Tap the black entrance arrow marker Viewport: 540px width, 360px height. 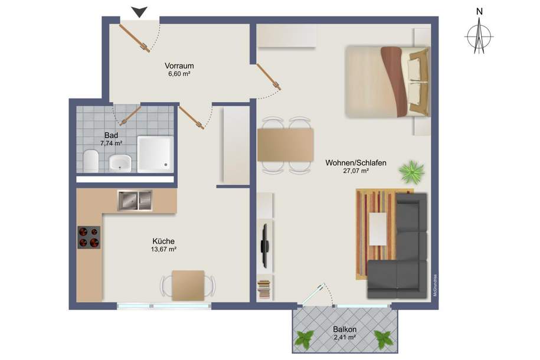pos(139,11)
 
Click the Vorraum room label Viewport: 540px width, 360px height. pos(179,66)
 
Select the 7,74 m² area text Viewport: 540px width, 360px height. pos(110,143)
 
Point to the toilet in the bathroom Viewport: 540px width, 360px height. pos(90,161)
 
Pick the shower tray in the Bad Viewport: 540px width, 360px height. pos(155,153)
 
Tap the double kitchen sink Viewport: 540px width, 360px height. pos(135,201)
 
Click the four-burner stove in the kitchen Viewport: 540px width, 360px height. pos(89,237)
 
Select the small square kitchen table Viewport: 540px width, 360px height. pos(188,285)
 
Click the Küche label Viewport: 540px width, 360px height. pos(163,241)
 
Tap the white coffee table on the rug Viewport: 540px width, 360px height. pos(378,229)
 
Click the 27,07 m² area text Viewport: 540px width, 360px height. pos(355,171)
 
